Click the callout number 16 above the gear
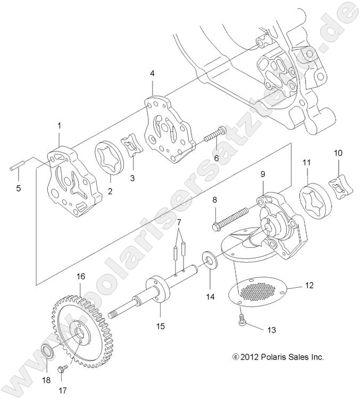[x=80, y=277]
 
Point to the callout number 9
[x=262, y=174]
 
